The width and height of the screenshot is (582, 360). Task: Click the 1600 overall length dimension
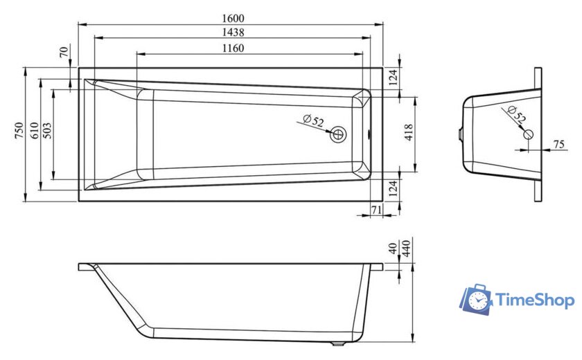tap(233, 18)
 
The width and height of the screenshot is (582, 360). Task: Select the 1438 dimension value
tap(233, 33)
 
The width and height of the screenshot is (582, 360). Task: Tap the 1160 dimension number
tap(233, 48)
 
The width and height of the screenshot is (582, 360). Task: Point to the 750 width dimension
tap(19, 131)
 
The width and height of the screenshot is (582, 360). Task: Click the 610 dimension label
tap(34, 131)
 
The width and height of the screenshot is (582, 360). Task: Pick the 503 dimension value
tap(47, 131)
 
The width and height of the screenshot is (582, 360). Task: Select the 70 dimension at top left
tap(64, 52)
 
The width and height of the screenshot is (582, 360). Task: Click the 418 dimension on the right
tap(408, 132)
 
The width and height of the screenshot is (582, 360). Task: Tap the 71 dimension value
tap(376, 210)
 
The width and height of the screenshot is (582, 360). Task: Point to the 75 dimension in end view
tap(558, 144)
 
